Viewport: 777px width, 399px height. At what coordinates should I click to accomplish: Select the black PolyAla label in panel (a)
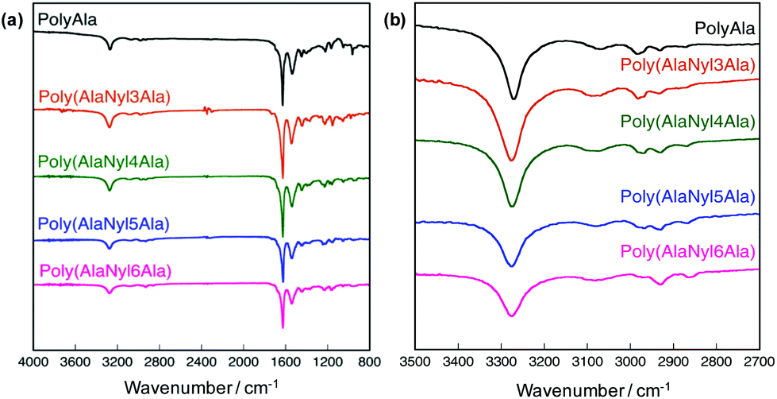(67, 14)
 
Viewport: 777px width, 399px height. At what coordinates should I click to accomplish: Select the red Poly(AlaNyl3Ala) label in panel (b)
(687, 64)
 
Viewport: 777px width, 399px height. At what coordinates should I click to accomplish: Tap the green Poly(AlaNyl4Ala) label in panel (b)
(687, 122)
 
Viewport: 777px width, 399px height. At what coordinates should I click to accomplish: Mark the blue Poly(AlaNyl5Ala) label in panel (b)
(687, 196)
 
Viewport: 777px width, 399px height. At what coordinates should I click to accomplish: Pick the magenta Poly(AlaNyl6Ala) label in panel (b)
(687, 253)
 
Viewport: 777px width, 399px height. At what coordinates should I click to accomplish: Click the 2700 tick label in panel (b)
(760, 363)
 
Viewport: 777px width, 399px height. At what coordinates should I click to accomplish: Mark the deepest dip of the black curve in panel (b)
(514, 99)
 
